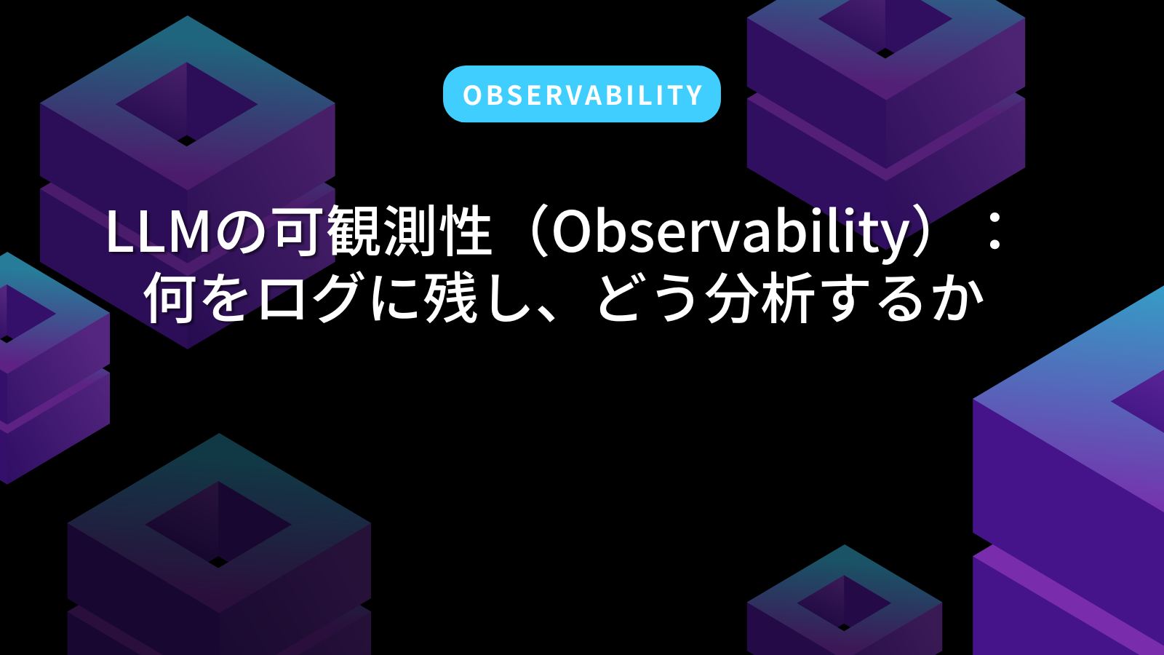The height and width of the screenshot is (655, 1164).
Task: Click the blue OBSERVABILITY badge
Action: coord(581,94)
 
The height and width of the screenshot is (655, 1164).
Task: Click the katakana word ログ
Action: coord(310,298)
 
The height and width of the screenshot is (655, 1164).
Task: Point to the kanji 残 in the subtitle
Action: coord(450,298)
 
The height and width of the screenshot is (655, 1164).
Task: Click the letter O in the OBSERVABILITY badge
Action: coord(472,95)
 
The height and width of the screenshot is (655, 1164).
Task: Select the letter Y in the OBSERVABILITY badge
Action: coord(693,95)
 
